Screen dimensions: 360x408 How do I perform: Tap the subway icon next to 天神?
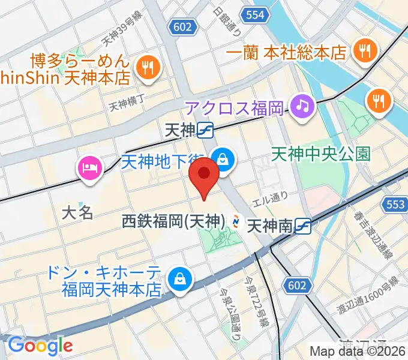pos(205,129)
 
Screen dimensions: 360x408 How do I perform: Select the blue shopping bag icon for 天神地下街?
pos(223,160)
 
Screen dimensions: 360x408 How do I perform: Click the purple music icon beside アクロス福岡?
pos(302,107)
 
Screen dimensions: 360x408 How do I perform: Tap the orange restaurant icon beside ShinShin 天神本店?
pos(146,68)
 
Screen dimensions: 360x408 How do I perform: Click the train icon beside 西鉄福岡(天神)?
pos(236,223)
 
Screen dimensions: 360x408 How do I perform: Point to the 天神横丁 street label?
pos(127,106)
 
